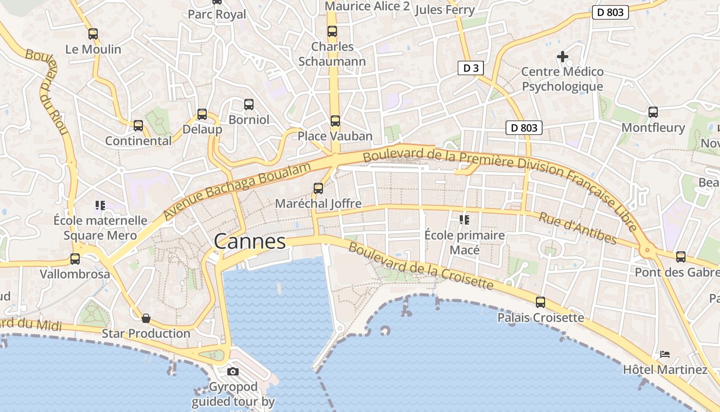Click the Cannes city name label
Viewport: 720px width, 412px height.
click(249, 241)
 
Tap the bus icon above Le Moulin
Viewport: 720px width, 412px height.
click(93, 34)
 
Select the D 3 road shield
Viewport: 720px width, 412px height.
click(471, 68)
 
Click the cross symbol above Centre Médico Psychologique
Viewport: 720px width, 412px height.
click(563, 56)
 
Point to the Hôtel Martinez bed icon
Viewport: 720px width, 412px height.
click(665, 354)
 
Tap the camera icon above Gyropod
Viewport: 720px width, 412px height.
click(233, 371)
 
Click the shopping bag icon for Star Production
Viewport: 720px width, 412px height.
click(146, 318)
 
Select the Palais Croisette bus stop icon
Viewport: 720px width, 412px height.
click(541, 302)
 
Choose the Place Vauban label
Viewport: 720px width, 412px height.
click(335, 136)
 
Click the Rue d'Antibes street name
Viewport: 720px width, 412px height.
click(577, 228)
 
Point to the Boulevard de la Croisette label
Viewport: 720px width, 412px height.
click(421, 265)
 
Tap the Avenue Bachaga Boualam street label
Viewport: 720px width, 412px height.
click(238, 191)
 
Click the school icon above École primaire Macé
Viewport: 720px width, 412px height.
click(464, 220)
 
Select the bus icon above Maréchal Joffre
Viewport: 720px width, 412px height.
click(318, 188)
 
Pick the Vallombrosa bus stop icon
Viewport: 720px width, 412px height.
click(75, 259)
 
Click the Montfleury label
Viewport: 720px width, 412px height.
click(653, 127)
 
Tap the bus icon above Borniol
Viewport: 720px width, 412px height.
click(249, 105)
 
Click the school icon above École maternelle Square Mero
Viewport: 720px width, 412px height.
click(100, 205)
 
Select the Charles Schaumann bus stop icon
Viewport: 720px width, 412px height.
click(332, 31)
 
